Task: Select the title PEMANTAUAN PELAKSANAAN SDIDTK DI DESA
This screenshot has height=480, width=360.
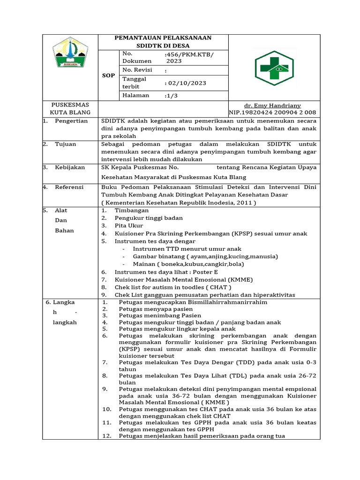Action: tap(163, 42)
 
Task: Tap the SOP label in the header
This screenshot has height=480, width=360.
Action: tap(108, 75)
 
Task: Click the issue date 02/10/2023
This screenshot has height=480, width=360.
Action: tap(187, 83)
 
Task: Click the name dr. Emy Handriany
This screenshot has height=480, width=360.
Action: tap(272, 106)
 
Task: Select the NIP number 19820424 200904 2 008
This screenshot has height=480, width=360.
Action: tap(272, 112)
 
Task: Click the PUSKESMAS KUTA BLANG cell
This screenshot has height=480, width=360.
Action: tap(70, 109)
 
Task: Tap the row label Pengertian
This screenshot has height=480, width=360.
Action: tap(71, 121)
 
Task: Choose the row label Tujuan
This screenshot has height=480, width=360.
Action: tap(65, 144)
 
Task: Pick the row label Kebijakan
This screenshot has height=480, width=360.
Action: tap(70, 167)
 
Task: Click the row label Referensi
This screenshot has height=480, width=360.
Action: tap(70, 187)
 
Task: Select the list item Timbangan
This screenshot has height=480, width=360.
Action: tap(131, 210)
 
